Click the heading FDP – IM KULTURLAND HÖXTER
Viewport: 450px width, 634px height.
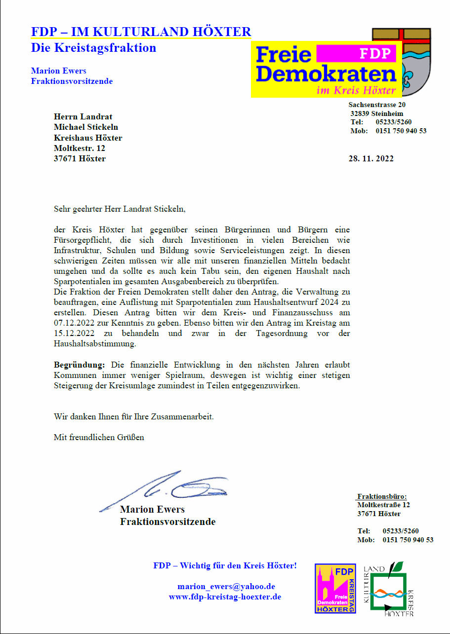click(141, 32)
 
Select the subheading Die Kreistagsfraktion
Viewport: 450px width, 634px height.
click(93, 48)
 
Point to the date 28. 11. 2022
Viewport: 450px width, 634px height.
click(371, 158)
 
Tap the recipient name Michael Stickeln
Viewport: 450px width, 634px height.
click(86, 127)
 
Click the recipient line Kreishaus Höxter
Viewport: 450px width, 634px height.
click(88, 138)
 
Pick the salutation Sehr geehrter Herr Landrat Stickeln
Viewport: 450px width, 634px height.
click(120, 209)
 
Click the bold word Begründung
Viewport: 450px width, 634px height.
click(80, 365)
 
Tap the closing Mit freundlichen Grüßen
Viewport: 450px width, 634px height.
click(99, 437)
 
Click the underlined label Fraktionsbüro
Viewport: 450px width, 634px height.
click(382, 496)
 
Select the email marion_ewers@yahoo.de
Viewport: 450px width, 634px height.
click(226, 587)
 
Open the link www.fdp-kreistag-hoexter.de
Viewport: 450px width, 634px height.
click(225, 597)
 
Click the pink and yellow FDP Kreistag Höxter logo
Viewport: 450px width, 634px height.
click(335, 589)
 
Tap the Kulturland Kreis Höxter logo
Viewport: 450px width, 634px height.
click(389, 590)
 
